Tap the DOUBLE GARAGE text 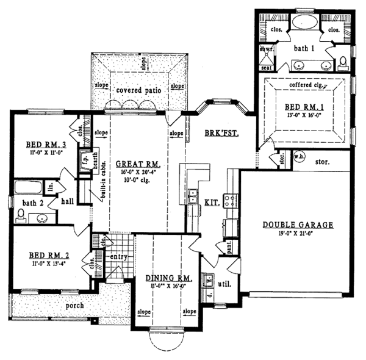click(298, 225)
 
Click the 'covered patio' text click(138, 90)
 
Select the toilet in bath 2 click(21, 214)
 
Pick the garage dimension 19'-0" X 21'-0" click(298, 234)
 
